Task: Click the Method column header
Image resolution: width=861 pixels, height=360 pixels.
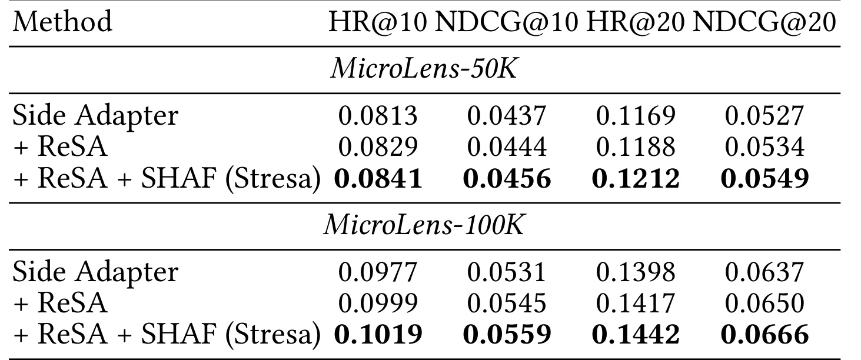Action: pos(62,22)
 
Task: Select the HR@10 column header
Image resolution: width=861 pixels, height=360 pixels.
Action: pos(378,22)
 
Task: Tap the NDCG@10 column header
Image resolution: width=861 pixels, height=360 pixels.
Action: pos(507,22)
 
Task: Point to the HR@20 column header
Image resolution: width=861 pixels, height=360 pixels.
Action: pos(636,22)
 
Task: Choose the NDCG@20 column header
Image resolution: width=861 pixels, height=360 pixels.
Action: pos(764,22)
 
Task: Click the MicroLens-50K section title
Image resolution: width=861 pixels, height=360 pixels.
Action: pos(423,69)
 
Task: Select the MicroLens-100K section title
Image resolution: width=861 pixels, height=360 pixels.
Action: pos(423,225)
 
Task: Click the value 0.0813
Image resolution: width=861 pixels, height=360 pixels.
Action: pos(378,116)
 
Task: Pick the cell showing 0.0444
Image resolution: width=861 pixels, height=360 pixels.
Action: pos(507,147)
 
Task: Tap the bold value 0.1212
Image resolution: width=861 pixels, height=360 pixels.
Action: pos(636,179)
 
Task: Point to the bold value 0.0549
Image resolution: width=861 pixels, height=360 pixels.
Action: pos(764,179)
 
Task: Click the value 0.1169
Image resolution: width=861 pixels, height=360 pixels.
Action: pos(636,116)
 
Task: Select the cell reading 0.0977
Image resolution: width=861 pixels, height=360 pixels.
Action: pos(378,272)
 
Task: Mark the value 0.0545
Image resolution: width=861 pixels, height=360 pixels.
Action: pos(507,303)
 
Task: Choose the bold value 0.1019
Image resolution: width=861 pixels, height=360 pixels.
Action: pos(378,334)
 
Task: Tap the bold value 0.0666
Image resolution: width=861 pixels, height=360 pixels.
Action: pos(764,334)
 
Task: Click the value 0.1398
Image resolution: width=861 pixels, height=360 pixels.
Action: pos(636,272)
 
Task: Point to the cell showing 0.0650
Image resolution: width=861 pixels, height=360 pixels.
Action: pos(764,303)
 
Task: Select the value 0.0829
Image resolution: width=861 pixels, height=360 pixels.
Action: pos(378,147)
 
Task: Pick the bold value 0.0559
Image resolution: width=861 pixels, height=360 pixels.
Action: pos(507,334)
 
